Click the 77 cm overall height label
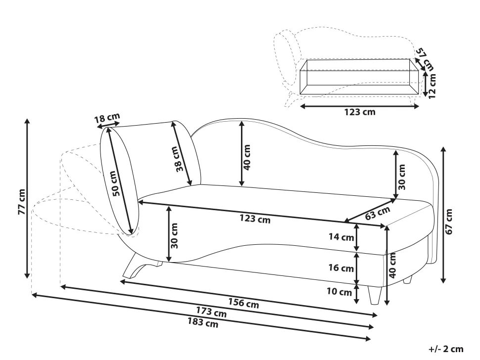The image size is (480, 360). click(22, 202)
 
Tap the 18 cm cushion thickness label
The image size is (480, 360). click(107, 118)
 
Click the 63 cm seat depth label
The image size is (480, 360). click(378, 213)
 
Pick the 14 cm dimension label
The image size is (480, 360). click(341, 237)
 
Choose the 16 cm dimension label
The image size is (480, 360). click(341, 268)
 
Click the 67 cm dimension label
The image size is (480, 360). click(449, 222)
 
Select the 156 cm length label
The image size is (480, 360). click(243, 303)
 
